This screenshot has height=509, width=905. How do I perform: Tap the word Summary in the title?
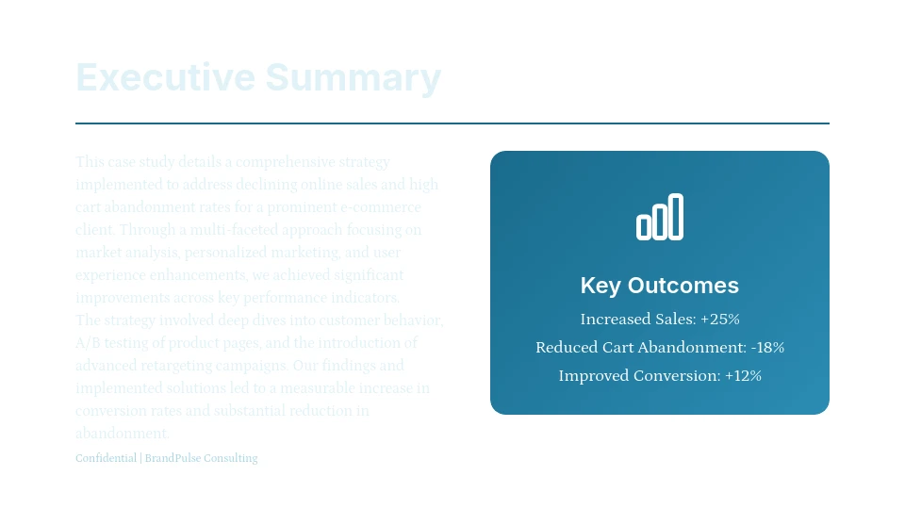point(353,77)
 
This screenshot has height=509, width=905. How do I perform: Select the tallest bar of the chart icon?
point(676,217)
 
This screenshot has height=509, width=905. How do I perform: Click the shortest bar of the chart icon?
point(644,226)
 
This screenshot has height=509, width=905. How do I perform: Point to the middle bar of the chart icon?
point(660,222)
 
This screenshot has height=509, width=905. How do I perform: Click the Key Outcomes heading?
point(660,286)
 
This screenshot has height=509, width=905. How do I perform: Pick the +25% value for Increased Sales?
point(720,319)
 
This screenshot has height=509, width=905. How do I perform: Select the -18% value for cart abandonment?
point(767,347)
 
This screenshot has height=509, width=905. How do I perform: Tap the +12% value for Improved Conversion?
point(743,375)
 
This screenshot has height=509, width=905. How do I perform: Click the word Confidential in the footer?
point(106,458)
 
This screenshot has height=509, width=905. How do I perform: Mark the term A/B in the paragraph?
point(86,343)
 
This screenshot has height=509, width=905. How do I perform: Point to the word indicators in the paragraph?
point(368,298)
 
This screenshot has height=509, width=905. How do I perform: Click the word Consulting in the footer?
point(228,458)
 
